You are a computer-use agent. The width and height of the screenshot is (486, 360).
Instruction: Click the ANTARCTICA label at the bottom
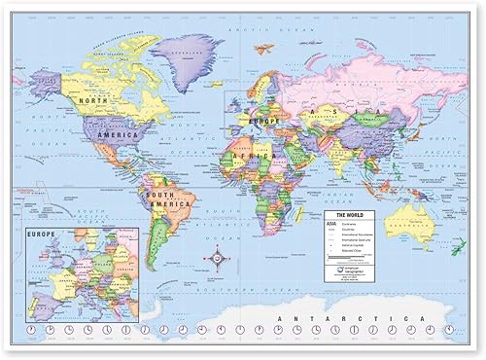pyautogui.click(x=361, y=318)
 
